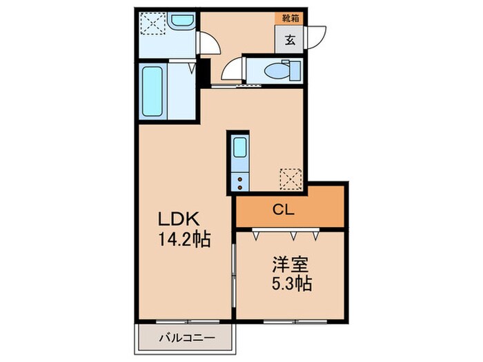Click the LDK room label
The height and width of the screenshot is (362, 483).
[180, 220]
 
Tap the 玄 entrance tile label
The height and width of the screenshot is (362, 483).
[290, 40]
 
